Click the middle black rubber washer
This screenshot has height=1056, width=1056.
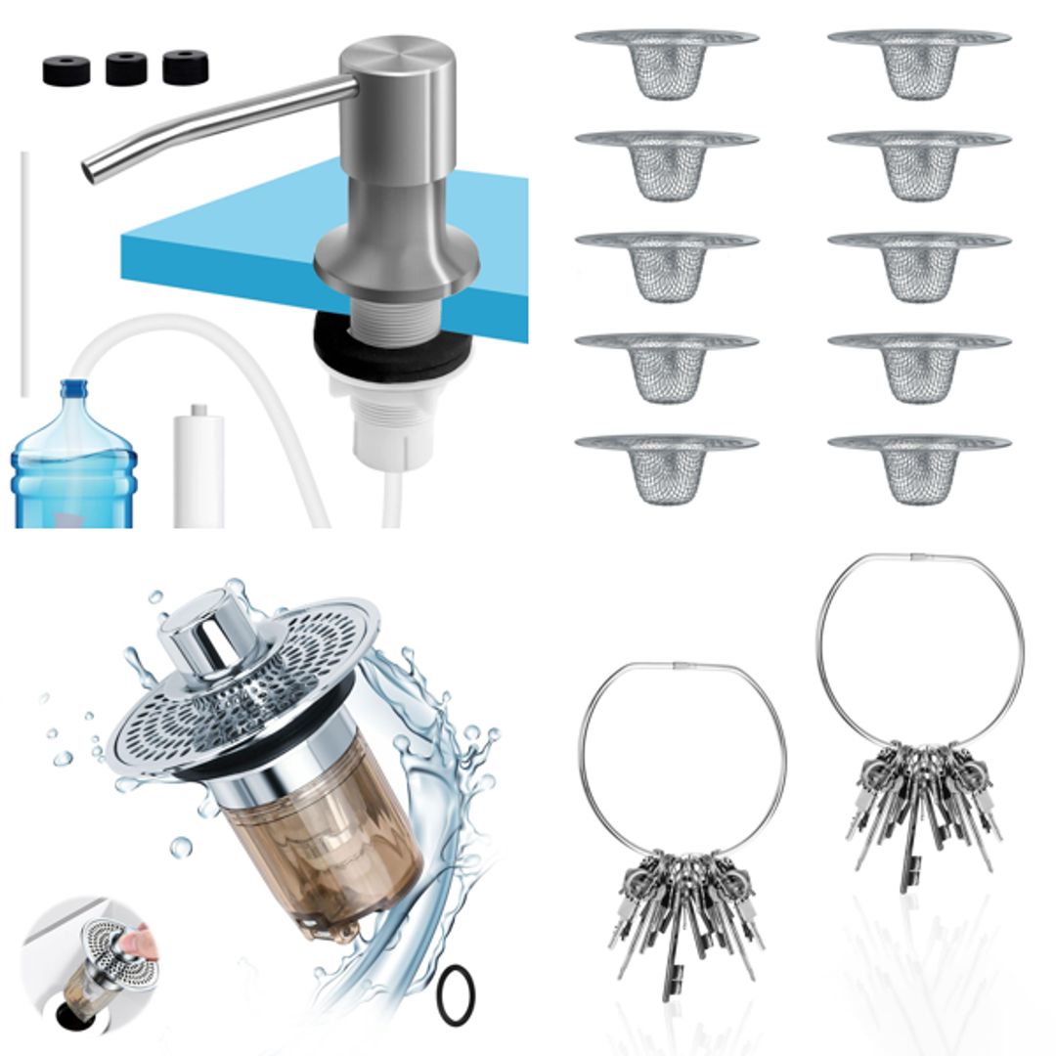coord(126,69)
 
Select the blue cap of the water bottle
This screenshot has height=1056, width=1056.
coord(73,389)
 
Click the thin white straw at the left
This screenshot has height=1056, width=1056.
coord(24,274)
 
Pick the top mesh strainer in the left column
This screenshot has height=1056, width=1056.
coord(667,63)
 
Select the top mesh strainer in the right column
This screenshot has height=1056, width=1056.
coord(919,63)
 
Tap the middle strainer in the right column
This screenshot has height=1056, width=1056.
coord(919,265)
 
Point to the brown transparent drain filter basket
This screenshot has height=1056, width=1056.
coord(313,841)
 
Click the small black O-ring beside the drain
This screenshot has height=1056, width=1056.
coord(456,994)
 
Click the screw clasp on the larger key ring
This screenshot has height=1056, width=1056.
coord(921,557)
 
